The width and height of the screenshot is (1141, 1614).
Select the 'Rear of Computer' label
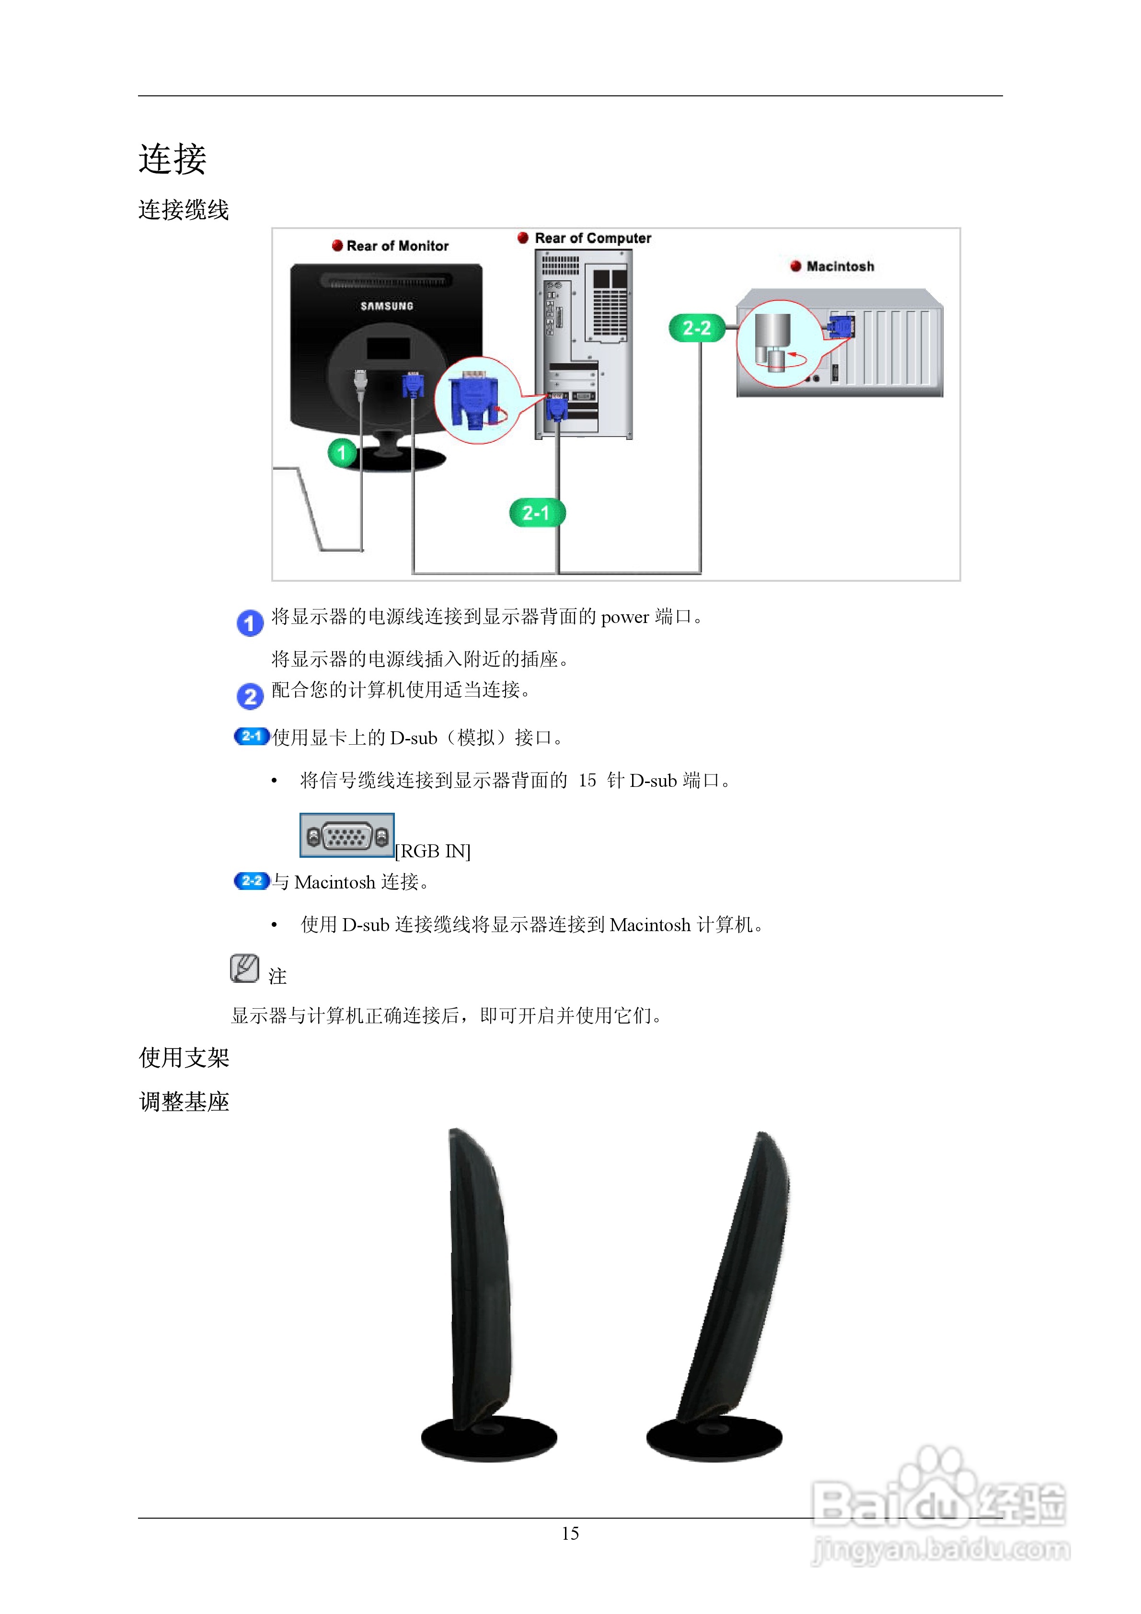click(592, 238)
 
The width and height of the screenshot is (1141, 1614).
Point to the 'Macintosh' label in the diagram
click(840, 266)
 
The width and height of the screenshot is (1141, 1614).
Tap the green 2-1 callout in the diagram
click(536, 513)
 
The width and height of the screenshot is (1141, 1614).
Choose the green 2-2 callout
click(696, 328)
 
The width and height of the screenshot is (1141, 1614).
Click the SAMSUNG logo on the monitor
click(387, 306)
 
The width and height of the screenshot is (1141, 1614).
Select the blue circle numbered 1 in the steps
click(250, 623)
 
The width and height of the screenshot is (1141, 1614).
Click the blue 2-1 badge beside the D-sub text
click(251, 736)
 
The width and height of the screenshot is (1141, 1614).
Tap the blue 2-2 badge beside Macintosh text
click(251, 881)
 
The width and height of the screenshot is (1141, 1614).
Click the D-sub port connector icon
click(346, 836)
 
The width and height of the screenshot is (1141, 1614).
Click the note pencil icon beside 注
click(244, 968)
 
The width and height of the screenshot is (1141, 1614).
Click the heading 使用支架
click(184, 1057)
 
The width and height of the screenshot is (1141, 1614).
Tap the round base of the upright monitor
click(489, 1438)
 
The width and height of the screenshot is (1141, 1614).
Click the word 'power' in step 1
click(624, 617)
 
